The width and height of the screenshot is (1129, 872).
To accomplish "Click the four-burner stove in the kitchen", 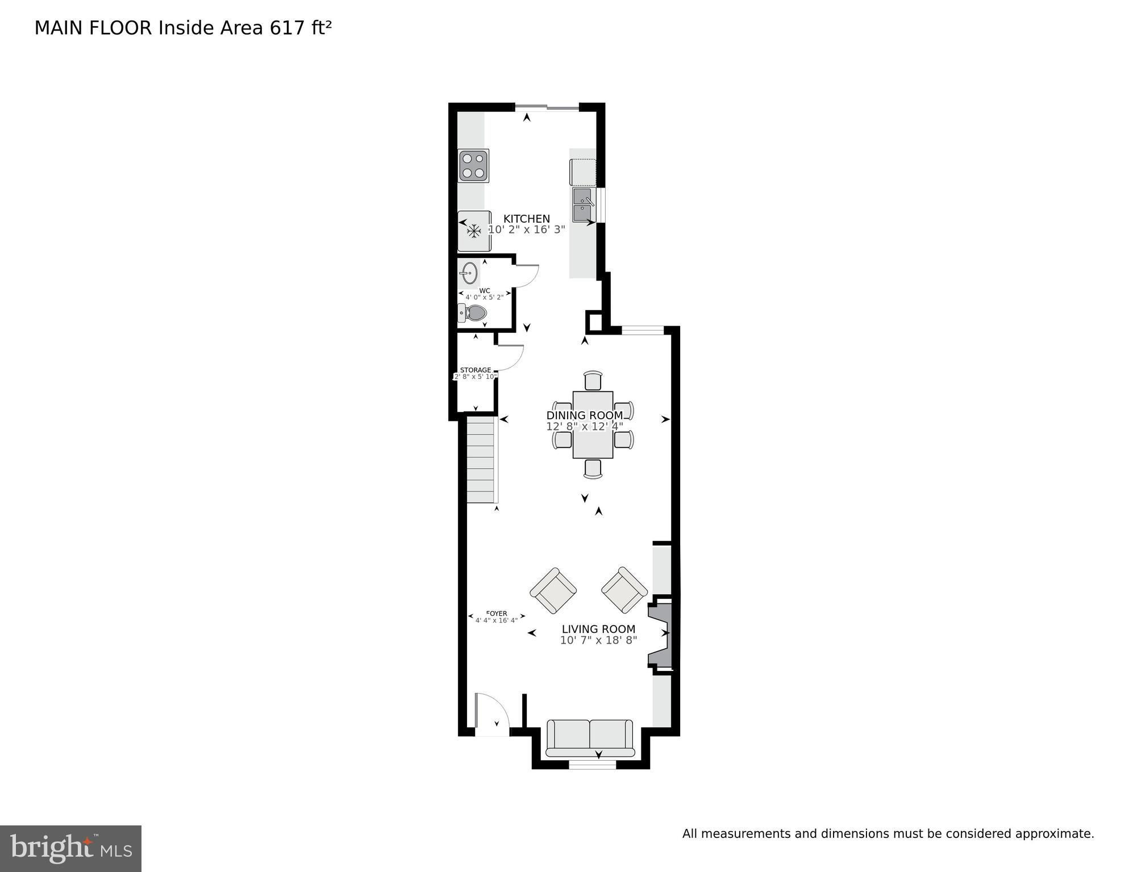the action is click(x=473, y=165).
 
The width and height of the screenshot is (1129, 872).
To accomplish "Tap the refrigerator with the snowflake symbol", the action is click(x=474, y=231).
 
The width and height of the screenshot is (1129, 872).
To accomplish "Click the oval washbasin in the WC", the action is click(x=469, y=273).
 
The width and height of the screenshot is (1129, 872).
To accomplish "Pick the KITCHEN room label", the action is click(x=527, y=219).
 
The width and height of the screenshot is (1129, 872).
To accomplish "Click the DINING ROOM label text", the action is click(x=585, y=415).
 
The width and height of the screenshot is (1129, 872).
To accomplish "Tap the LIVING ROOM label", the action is click(x=598, y=629).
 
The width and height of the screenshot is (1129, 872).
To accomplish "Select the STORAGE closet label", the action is click(x=476, y=370).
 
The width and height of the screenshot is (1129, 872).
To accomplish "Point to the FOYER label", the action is click(x=497, y=614).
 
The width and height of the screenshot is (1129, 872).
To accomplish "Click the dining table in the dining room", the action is click(x=593, y=424).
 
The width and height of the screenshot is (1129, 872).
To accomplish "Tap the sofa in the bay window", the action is click(x=590, y=738).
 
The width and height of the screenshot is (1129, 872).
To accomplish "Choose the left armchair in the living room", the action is click(x=553, y=590).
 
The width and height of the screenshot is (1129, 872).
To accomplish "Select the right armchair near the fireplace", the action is click(x=624, y=590).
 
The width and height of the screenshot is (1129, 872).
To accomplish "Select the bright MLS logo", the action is click(x=70, y=849).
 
